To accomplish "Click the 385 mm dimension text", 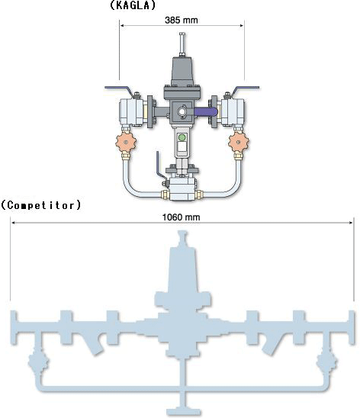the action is (x=182, y=21).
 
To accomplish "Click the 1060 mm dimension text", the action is (x=182, y=217).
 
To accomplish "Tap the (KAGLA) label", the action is (x=133, y=5).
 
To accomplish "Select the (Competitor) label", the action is (x=40, y=205).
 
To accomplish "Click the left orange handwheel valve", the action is (x=126, y=143).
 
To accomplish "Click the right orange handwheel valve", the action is (x=238, y=143).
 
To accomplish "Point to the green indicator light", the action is (x=182, y=137).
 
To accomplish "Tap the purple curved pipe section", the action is (x=205, y=111).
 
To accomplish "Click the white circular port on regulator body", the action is (x=182, y=111).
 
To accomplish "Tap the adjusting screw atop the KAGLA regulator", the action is (x=182, y=44).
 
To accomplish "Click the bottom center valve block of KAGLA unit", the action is (x=183, y=189).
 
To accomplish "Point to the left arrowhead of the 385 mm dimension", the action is (x=122, y=26).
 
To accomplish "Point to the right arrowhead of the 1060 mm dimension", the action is (x=351, y=223).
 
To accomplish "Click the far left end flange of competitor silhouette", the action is (x=14, y=327).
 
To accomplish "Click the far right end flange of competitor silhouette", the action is (x=352, y=327).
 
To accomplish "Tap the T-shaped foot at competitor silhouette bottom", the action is (x=183, y=410).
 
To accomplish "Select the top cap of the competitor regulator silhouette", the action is (x=182, y=238).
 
